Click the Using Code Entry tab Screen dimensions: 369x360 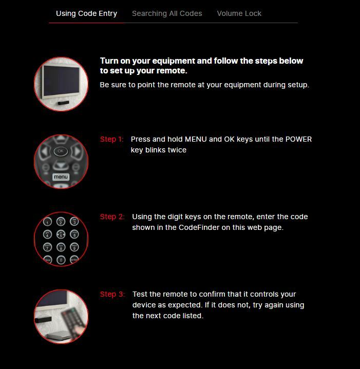click(x=86, y=13)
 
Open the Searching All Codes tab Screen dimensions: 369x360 click(x=167, y=13)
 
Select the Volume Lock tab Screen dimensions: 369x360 click(x=239, y=13)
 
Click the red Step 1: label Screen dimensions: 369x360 click(x=111, y=139)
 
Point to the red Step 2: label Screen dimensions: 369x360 click(x=112, y=217)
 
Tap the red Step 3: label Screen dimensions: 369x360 click(x=112, y=294)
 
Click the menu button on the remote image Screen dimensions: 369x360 click(x=61, y=177)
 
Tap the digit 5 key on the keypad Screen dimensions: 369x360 click(x=61, y=235)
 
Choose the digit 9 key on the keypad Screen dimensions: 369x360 click(x=74, y=247)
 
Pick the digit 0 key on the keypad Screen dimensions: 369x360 click(x=61, y=260)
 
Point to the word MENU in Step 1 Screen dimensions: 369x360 click(x=196, y=139)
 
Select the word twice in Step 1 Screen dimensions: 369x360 click(x=177, y=150)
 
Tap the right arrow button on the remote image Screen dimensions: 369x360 click(x=78, y=151)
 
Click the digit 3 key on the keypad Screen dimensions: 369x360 click(x=74, y=222)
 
